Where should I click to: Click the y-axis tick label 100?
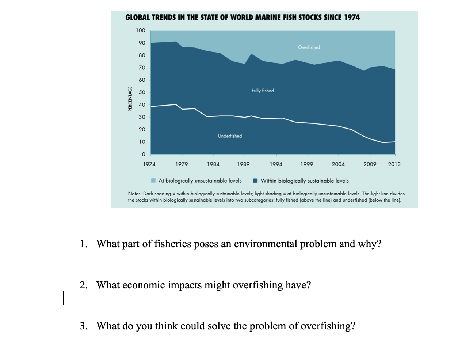click(x=141, y=31)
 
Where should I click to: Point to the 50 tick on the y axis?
click(x=142, y=92)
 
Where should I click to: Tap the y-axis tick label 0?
click(x=143, y=154)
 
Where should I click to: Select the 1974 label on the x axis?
click(x=149, y=164)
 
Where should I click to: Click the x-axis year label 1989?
click(x=243, y=164)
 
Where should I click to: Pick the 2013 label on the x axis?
click(x=394, y=164)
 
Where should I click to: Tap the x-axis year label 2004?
click(x=338, y=164)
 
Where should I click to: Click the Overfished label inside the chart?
click(x=309, y=47)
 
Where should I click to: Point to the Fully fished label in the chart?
click(x=263, y=91)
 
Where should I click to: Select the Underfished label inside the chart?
click(x=230, y=136)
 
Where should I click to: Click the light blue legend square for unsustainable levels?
click(x=154, y=180)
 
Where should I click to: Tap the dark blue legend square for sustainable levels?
click(x=255, y=180)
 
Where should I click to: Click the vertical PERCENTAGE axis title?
click(x=130, y=99)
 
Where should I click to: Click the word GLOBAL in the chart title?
click(x=137, y=18)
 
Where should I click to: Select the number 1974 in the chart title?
click(x=352, y=18)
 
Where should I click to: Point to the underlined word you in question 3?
click(x=144, y=326)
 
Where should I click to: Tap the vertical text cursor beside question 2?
click(x=64, y=298)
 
